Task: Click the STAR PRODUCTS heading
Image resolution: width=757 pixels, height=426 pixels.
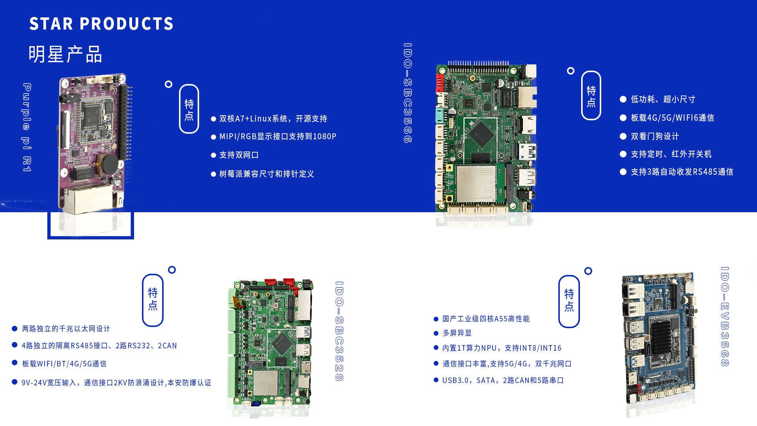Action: [x=101, y=24]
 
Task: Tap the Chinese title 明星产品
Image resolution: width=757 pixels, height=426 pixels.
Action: [x=65, y=54]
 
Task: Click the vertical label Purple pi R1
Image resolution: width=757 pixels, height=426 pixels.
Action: [x=27, y=127]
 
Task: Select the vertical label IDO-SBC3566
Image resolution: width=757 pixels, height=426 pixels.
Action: [x=408, y=93]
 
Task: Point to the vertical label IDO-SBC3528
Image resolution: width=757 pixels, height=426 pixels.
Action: [x=339, y=331]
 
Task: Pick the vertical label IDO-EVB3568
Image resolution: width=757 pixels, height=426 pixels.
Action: [x=725, y=317]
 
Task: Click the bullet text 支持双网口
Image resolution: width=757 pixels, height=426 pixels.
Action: [x=239, y=155]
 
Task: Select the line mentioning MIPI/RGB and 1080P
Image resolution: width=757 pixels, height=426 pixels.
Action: [x=278, y=136]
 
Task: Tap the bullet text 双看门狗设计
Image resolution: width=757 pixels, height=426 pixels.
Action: [x=655, y=136]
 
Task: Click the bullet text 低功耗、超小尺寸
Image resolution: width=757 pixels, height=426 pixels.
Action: [x=663, y=99]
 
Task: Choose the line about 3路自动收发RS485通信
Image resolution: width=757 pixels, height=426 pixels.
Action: [x=682, y=172]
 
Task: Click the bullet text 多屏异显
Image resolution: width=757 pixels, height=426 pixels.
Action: [x=457, y=333]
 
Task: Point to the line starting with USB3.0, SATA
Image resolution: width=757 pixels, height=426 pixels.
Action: [x=503, y=380]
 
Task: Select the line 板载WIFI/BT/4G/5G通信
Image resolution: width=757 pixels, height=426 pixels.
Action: [x=64, y=364]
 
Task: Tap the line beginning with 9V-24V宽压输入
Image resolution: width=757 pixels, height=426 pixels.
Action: [x=116, y=383]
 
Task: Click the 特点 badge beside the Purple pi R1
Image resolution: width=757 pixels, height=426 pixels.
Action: [x=189, y=109]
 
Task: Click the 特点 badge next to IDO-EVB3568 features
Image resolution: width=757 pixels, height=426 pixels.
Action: [x=569, y=301]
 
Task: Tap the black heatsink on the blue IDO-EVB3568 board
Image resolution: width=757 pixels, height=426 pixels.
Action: [x=661, y=338]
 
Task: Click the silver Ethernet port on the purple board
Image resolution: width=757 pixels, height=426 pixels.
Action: [x=89, y=200]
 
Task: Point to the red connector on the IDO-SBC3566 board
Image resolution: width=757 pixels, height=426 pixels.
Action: [x=439, y=83]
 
